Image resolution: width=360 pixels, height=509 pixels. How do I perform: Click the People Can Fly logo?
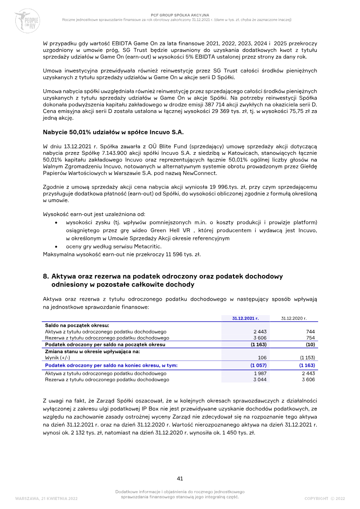click(x=28, y=19)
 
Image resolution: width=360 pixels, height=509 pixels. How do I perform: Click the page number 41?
click(x=180, y=478)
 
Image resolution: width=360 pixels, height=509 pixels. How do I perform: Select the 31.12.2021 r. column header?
click(x=245, y=318)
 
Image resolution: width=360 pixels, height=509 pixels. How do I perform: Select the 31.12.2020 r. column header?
click(x=294, y=318)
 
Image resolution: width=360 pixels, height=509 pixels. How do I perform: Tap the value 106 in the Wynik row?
click(x=257, y=357)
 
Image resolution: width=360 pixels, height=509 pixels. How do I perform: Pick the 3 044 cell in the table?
click(x=255, y=379)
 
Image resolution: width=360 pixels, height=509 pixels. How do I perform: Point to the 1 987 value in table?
click(x=255, y=374)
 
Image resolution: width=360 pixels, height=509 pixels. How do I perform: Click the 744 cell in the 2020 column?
click(x=310, y=331)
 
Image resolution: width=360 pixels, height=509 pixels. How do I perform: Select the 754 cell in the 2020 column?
click(x=310, y=337)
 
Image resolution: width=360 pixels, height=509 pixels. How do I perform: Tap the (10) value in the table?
click(x=310, y=344)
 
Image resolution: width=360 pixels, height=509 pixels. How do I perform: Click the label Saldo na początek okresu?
click(x=77, y=324)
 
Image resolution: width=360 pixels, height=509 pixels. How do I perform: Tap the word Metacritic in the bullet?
click(x=146, y=246)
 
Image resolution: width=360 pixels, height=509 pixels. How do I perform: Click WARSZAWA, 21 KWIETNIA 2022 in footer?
click(x=46, y=499)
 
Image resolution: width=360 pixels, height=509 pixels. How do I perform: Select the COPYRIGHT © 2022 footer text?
click(x=324, y=499)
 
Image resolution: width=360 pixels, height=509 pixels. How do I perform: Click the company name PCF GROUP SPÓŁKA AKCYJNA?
click(x=180, y=15)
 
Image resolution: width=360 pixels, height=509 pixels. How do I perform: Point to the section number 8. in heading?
click(x=46, y=276)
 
